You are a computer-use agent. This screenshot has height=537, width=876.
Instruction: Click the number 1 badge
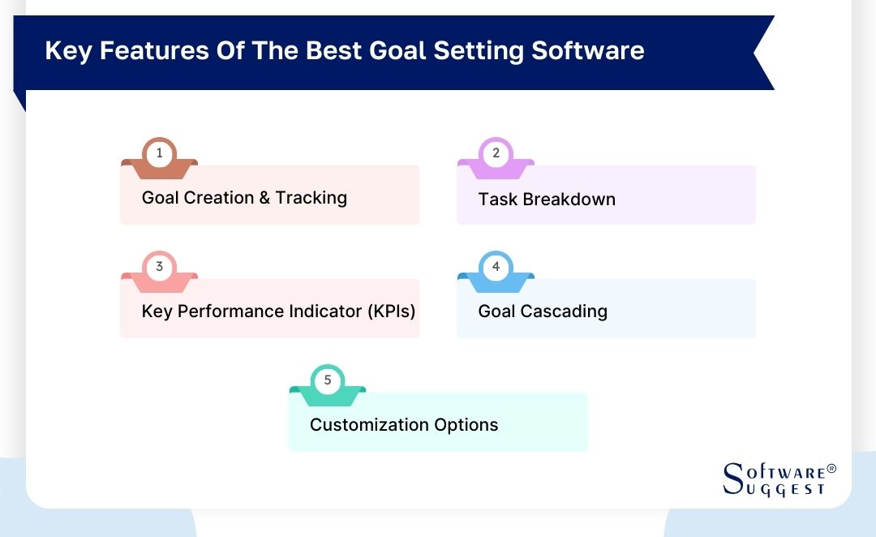pyautogui.click(x=160, y=153)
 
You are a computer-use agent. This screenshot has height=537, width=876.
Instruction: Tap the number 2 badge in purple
pyautogui.click(x=496, y=153)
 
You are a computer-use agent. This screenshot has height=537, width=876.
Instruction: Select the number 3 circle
pyautogui.click(x=160, y=266)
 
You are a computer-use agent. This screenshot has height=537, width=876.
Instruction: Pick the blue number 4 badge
pyautogui.click(x=496, y=266)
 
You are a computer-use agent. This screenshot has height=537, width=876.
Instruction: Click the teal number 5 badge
pyautogui.click(x=328, y=380)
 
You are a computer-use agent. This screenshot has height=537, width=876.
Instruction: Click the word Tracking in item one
pyautogui.click(x=311, y=198)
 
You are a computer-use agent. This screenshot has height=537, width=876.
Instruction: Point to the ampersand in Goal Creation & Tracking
pyautogui.click(x=264, y=198)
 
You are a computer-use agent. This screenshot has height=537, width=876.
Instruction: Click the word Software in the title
pyautogui.click(x=588, y=50)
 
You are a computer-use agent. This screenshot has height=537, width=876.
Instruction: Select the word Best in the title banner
pyautogui.click(x=333, y=50)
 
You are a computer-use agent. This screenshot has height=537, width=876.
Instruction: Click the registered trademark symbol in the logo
pyautogui.click(x=831, y=470)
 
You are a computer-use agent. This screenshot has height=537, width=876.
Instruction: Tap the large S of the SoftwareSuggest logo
pyautogui.click(x=732, y=479)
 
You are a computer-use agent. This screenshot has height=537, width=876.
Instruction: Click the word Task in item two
pyautogui.click(x=496, y=199)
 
